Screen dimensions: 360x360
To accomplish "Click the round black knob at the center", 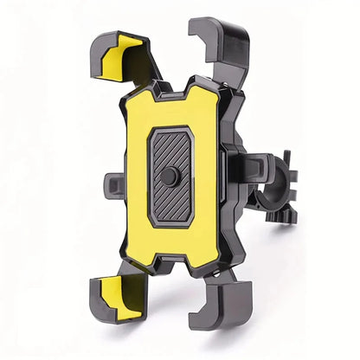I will [x=170, y=177].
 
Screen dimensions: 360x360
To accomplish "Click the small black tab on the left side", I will [x=113, y=183].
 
